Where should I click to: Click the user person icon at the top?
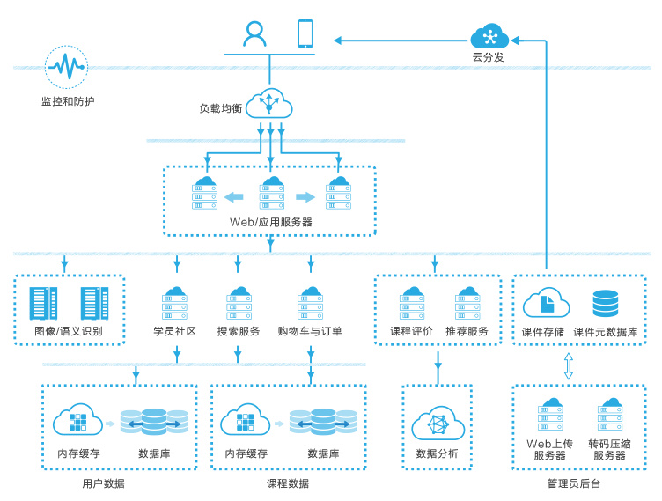255,33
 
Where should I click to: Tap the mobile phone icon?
305,33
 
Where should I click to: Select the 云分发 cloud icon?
489,37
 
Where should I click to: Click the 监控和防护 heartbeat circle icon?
66,67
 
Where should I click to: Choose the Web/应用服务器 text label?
271,222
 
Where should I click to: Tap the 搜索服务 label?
239,332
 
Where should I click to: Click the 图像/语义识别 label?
69,332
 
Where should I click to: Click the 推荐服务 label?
467,332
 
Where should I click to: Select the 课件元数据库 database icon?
606,304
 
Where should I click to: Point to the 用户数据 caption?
103,483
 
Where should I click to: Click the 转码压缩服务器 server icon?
609,416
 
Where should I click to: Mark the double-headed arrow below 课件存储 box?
569,365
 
